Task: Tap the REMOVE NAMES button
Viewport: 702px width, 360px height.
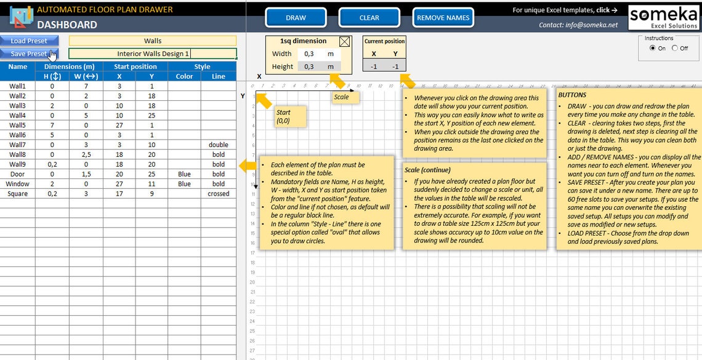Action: tap(443, 17)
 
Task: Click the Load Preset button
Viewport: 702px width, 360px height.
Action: tap(29, 41)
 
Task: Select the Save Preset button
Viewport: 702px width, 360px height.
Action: tap(29, 54)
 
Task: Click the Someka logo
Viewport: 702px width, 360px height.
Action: tap(663, 17)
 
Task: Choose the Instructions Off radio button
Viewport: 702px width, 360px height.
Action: tap(675, 48)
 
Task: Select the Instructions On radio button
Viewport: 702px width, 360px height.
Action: tap(653, 48)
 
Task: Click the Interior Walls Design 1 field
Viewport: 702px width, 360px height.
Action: tap(153, 54)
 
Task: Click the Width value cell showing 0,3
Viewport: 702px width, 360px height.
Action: tap(309, 54)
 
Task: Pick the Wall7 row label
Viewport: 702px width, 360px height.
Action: tap(17, 145)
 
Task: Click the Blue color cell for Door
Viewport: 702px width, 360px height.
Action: tap(184, 174)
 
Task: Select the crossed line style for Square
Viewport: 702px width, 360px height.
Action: tap(218, 194)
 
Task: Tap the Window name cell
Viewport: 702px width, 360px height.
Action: tap(17, 184)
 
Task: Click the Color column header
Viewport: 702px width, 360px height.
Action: tap(184, 76)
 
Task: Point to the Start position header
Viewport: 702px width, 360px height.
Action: tap(135, 66)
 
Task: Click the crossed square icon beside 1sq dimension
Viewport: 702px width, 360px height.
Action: tap(345, 42)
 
